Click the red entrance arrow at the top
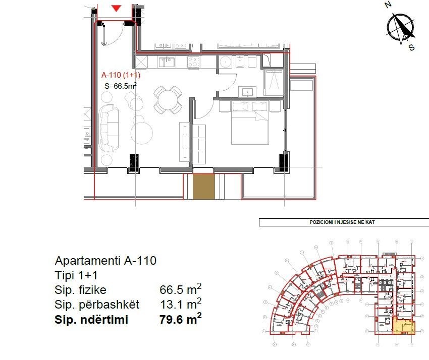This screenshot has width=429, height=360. (117, 8)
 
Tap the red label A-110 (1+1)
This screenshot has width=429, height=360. (121, 76)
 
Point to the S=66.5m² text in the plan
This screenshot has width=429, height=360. (121, 86)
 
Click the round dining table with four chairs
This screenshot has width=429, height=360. (168, 99)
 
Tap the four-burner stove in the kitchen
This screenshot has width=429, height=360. (194, 62)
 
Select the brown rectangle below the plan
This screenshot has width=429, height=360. (204, 187)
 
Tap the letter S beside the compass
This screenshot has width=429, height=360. (411, 48)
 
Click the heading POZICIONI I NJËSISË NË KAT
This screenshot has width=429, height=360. (344, 222)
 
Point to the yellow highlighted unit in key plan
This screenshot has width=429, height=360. (404, 327)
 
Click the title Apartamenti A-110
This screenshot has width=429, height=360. (105, 261)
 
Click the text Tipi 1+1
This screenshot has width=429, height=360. (76, 276)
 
